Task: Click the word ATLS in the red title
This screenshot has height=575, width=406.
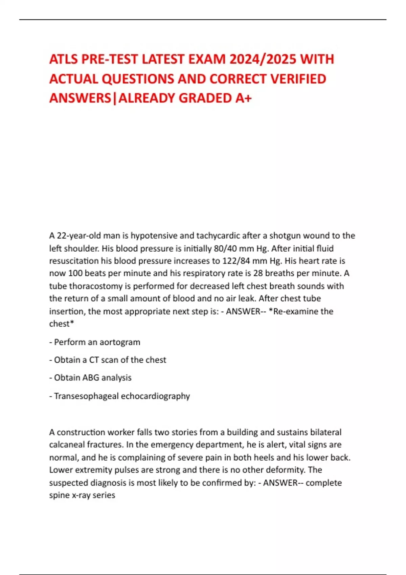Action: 63,60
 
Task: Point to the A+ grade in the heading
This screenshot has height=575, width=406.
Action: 244,98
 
